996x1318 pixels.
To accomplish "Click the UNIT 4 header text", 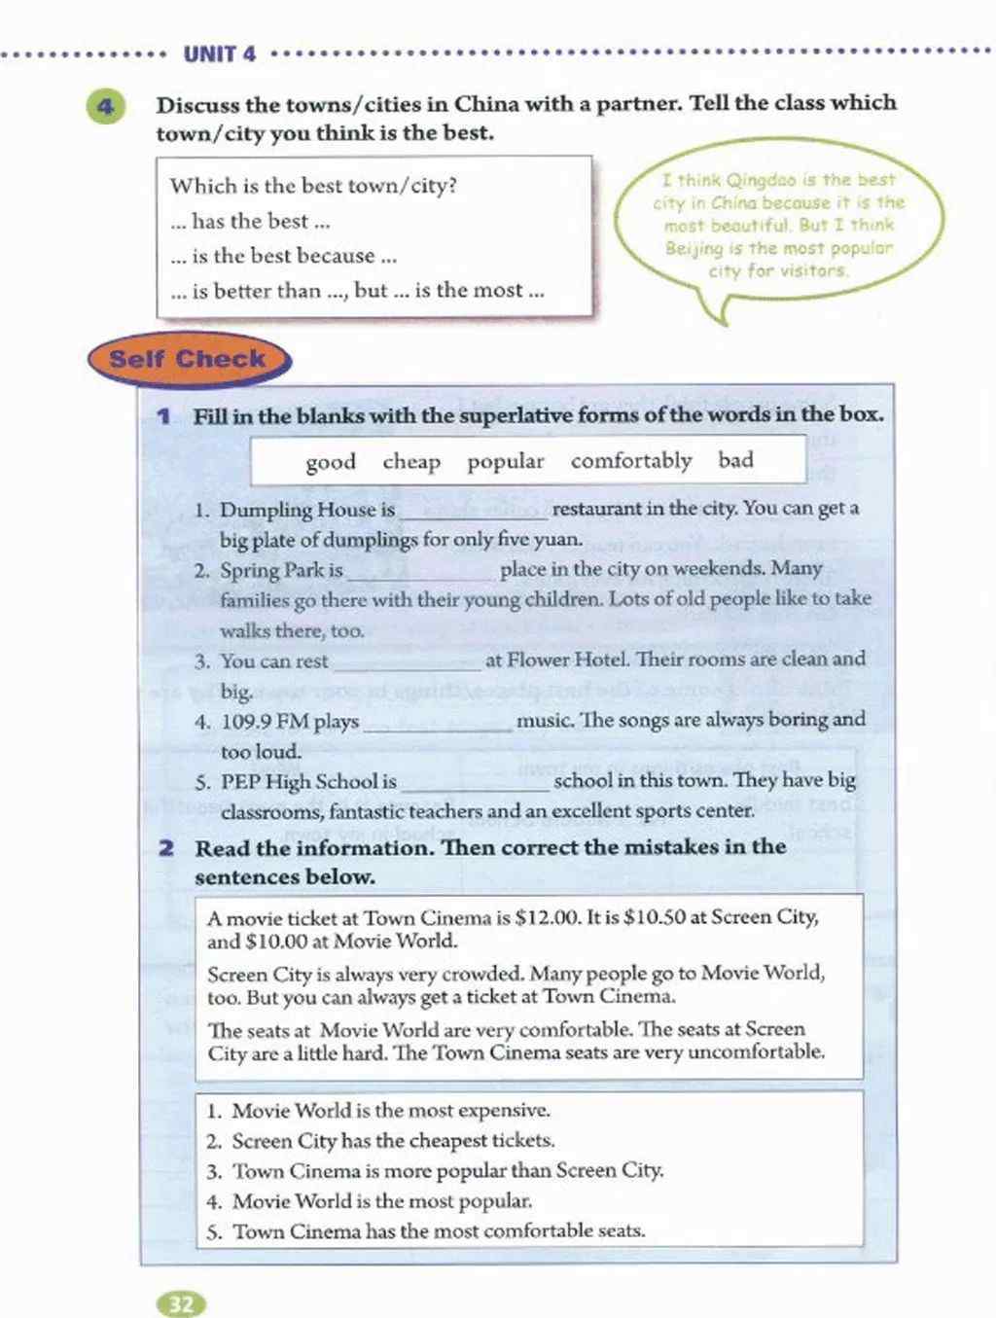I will (219, 53).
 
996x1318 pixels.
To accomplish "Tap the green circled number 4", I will (105, 106).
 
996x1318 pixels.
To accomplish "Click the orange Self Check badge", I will (188, 359).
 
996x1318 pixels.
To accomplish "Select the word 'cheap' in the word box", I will (411, 461).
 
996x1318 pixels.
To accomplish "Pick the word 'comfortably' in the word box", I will (631, 460).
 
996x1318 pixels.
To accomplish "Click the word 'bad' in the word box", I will (736, 459).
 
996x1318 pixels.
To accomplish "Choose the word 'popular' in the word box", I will (506, 461).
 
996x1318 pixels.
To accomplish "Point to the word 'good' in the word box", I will (331, 462).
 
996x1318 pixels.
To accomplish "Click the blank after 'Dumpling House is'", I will (474, 511).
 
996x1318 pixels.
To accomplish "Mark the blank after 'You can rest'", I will (407, 662).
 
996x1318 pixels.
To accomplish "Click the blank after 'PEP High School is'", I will (475, 783).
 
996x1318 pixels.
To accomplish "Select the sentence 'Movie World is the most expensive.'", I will (390, 1110).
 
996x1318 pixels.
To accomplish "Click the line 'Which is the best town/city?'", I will (313, 186).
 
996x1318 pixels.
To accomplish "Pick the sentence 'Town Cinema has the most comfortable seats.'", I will (438, 1230).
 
